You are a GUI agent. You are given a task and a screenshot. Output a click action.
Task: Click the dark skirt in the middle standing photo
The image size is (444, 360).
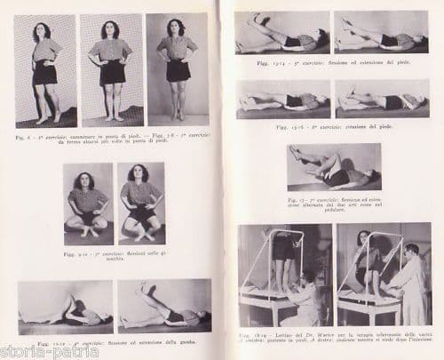tap(111, 72)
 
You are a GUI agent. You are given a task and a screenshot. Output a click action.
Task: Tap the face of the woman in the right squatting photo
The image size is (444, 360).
tap(140, 174)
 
